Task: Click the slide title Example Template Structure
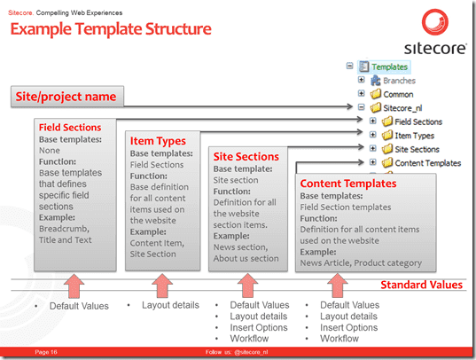point(110,29)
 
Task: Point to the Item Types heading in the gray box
point(158,140)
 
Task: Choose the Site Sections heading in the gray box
point(246,157)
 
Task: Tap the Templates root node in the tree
point(389,67)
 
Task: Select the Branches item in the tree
point(398,80)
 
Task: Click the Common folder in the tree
point(398,94)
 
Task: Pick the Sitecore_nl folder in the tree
point(403,108)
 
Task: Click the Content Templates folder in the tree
point(427,163)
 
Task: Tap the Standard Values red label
point(421,285)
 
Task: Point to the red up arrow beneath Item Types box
point(161,285)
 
